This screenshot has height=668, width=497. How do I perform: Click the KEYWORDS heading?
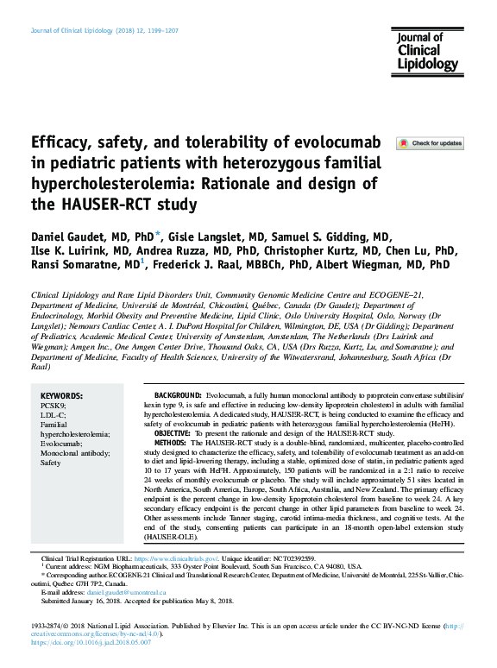62,394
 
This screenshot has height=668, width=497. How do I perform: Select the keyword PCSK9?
53,404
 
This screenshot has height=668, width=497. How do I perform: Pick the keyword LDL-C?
53,413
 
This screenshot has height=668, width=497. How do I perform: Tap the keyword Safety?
52,463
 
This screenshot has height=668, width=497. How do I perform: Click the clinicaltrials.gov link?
192,559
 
